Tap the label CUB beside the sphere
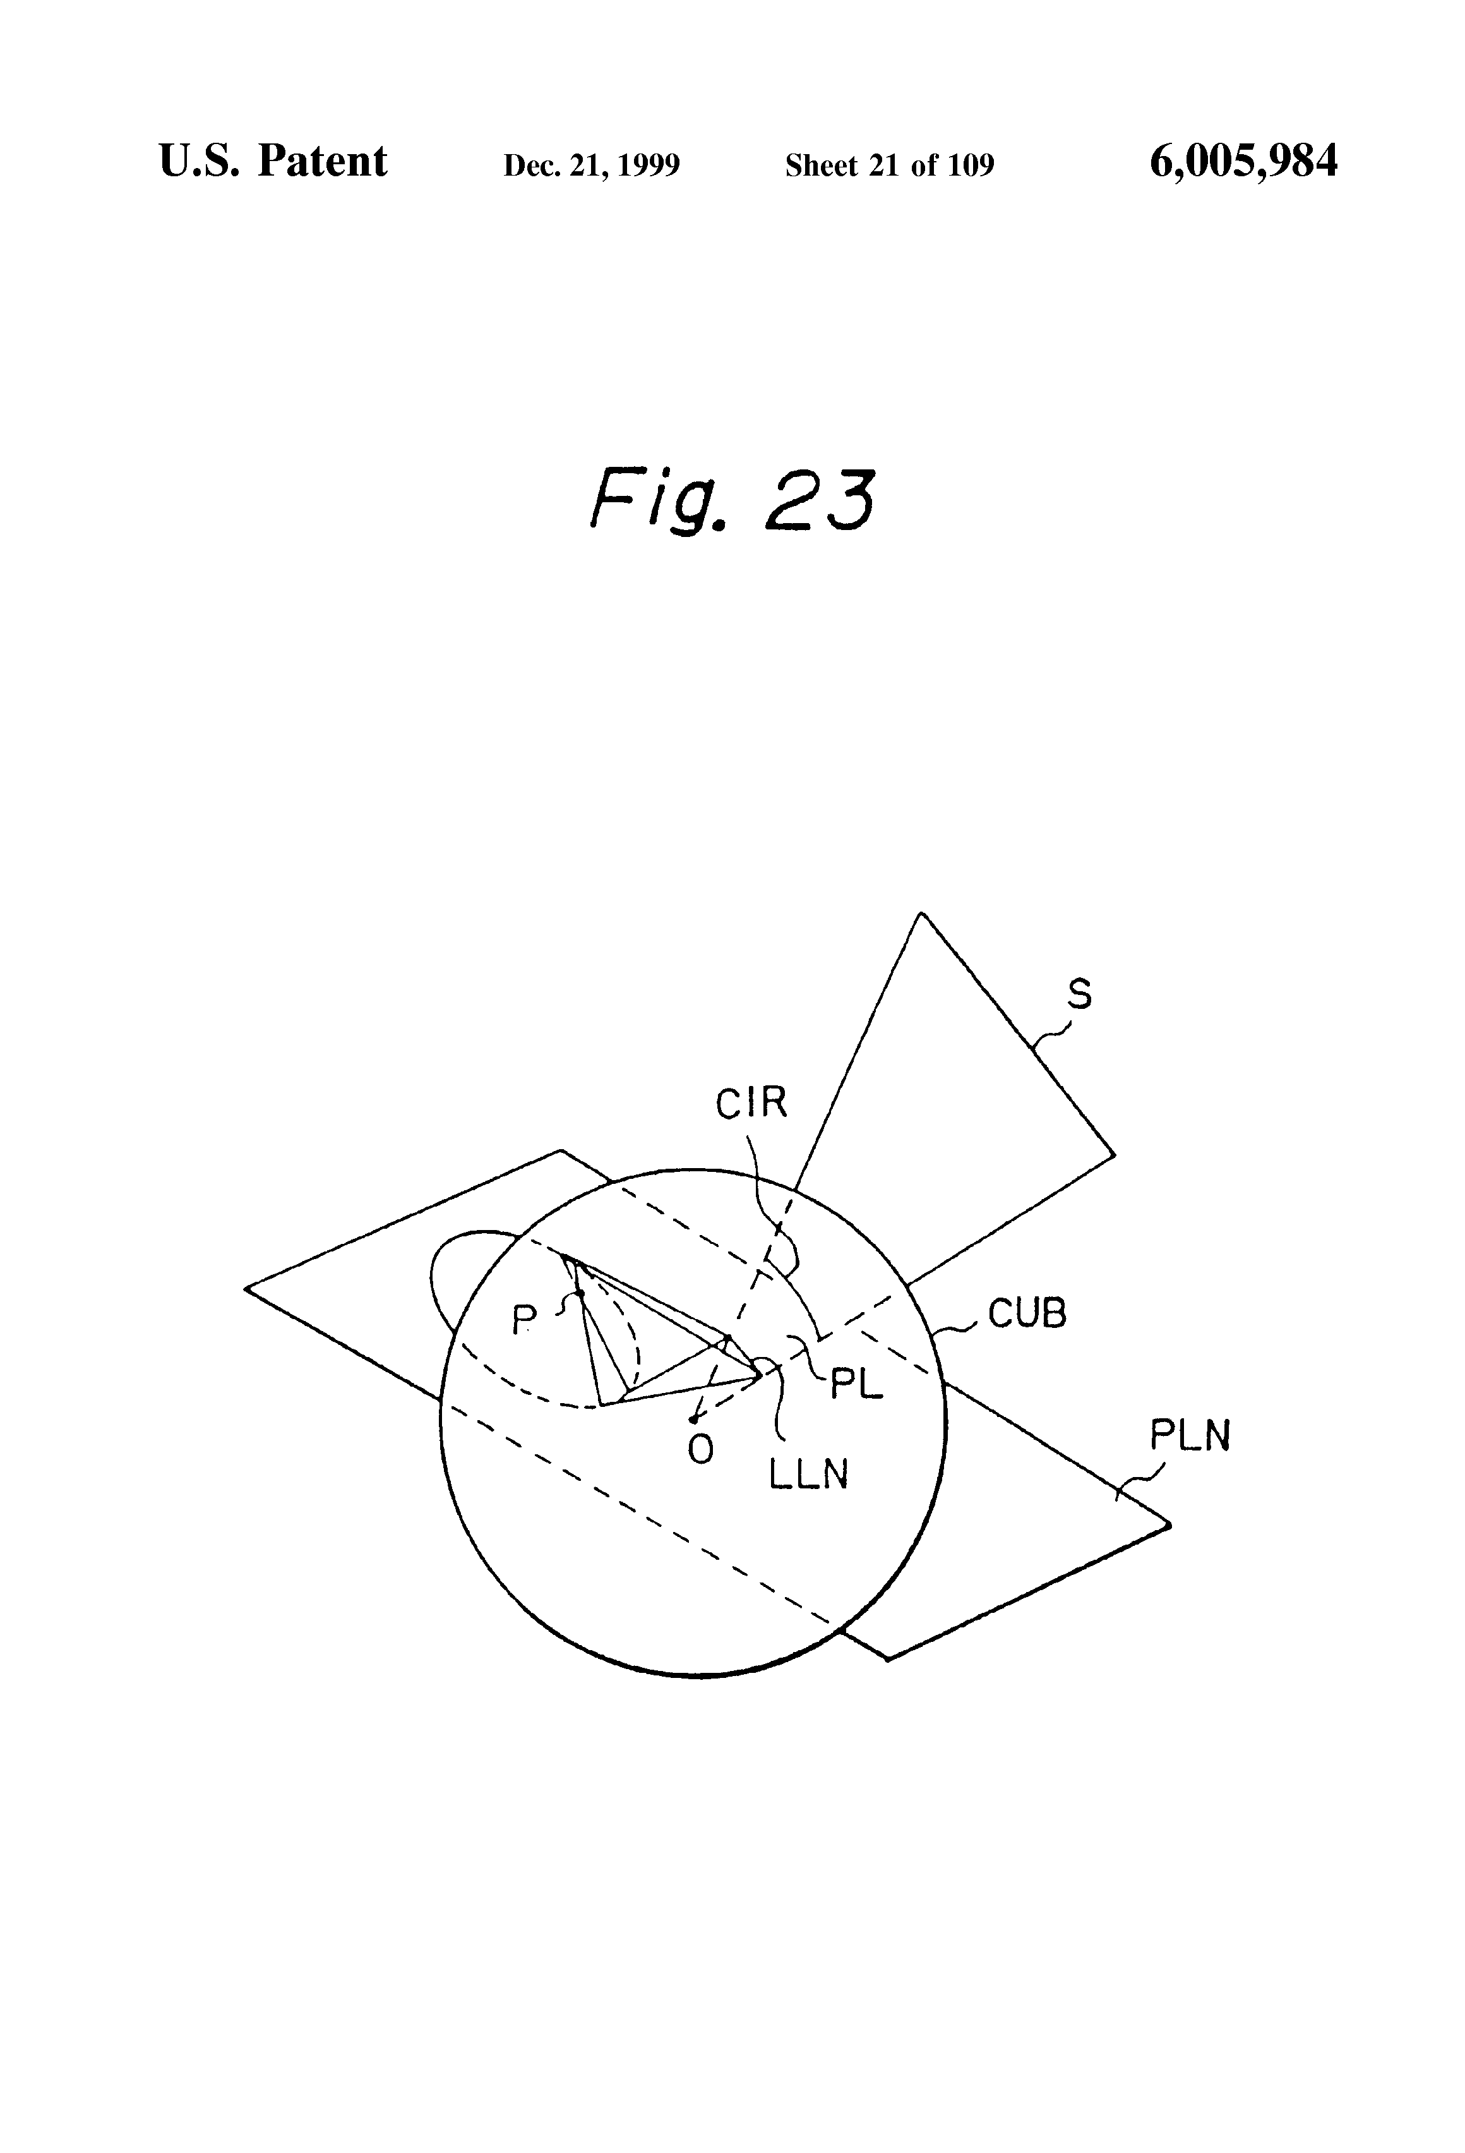1027,1313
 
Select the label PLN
1190,1436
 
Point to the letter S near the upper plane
1080,994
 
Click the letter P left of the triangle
524,1320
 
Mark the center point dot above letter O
693,1420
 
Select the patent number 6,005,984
1243,162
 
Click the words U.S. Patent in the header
273,162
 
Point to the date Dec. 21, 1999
591,166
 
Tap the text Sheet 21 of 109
889,166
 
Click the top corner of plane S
921,914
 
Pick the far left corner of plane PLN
246,1288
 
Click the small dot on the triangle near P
579,1293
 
